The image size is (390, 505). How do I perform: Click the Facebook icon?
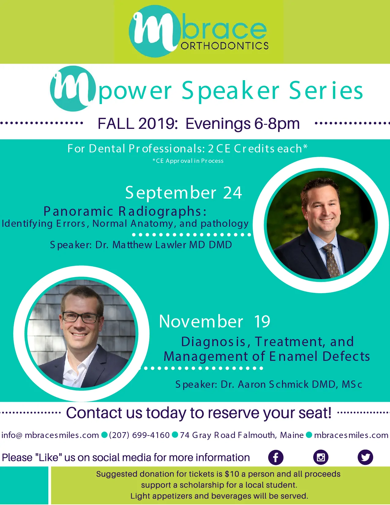point(276,457)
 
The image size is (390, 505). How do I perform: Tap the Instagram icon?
point(321,457)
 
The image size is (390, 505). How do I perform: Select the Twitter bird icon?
point(366,457)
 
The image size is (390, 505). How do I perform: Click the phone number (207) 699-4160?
point(139,435)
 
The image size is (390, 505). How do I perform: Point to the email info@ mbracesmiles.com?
point(50,435)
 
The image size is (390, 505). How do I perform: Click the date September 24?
point(184,193)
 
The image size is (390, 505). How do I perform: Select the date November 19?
point(215,321)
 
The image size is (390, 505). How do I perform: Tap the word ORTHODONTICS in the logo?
point(225,46)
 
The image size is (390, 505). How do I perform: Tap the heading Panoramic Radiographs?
point(125,211)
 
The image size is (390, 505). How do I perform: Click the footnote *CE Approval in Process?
point(188,161)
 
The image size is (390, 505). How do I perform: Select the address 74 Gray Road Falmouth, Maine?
point(242,435)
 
